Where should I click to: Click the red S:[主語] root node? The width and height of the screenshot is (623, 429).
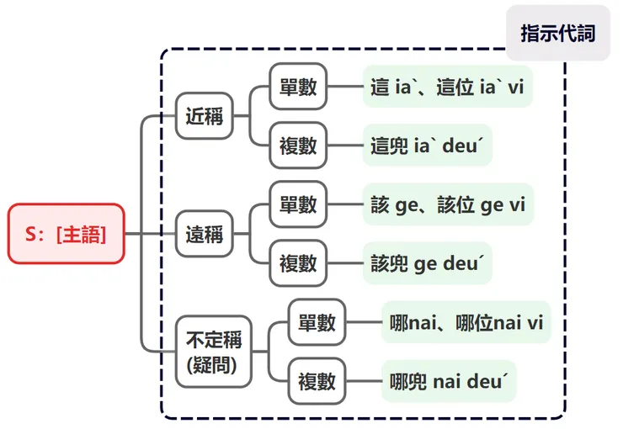coord(67,234)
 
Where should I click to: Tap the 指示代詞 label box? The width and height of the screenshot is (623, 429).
coord(557,34)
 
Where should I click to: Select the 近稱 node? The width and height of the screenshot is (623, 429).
coord(204,116)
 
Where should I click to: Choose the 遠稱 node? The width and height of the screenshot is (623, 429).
coord(204,234)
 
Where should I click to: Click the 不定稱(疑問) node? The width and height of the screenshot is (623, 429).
coord(213,352)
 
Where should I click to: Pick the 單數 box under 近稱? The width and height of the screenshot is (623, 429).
coord(298,86)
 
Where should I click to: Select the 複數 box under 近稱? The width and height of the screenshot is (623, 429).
coord(298,146)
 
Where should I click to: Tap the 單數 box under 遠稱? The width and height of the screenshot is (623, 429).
coord(298,204)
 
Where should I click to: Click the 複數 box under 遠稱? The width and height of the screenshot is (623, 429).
coord(298,263)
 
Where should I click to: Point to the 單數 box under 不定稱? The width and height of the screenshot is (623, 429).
coord(317,322)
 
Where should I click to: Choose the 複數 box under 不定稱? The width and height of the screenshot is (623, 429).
coord(317,381)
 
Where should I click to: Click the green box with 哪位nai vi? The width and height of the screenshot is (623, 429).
coord(466,322)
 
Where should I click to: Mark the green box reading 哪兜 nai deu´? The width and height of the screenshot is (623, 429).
coord(448,381)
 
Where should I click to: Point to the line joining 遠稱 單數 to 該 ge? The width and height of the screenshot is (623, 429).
coord(344,204)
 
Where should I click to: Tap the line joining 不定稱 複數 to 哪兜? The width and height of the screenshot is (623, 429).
coord(363,381)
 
